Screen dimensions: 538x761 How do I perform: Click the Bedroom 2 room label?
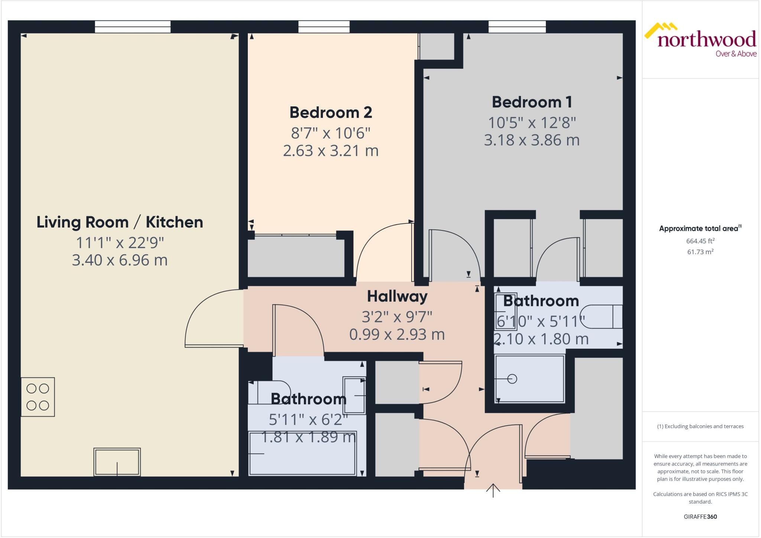(331, 112)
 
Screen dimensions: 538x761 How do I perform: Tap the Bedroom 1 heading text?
(532, 102)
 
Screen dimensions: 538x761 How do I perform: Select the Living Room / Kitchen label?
(120, 222)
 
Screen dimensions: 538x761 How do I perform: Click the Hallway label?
(397, 296)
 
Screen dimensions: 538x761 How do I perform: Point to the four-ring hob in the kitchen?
(38, 397)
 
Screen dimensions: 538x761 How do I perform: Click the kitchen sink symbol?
(117, 462)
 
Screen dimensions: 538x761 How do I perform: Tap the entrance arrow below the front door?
(493, 490)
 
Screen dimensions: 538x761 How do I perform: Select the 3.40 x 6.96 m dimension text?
(120, 260)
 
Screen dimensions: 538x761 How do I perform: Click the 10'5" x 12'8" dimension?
(532, 123)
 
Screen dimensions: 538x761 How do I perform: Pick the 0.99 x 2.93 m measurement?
(397, 334)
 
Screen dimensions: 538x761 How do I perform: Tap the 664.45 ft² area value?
(700, 241)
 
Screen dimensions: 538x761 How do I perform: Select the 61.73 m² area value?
(700, 252)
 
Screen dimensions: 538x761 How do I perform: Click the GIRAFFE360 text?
(700, 516)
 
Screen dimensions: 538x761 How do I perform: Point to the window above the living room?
(133, 27)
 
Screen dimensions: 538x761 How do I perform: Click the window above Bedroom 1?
(517, 27)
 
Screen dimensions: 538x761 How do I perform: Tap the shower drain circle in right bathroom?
(512, 379)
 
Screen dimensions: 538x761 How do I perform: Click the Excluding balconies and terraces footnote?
(700, 426)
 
